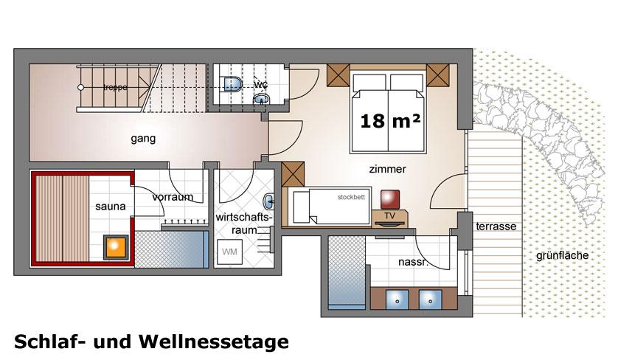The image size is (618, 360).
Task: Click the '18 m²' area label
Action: pyautogui.click(x=390, y=121)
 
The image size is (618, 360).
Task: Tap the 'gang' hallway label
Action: pyautogui.click(x=143, y=138)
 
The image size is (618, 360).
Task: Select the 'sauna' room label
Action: pyautogui.click(x=110, y=207)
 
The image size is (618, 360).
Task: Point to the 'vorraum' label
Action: pyautogui.click(x=173, y=197)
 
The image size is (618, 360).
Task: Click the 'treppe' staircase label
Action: pyautogui.click(x=114, y=87)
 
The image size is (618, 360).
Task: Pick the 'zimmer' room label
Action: pyautogui.click(x=388, y=169)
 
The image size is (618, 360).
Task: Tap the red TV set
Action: pyautogui.click(x=389, y=199)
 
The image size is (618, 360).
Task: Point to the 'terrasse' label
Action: pyautogui.click(x=496, y=226)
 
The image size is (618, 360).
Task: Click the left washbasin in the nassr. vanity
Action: pyautogui.click(x=397, y=300)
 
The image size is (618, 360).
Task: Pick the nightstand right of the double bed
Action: pyautogui.click(x=438, y=75)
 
